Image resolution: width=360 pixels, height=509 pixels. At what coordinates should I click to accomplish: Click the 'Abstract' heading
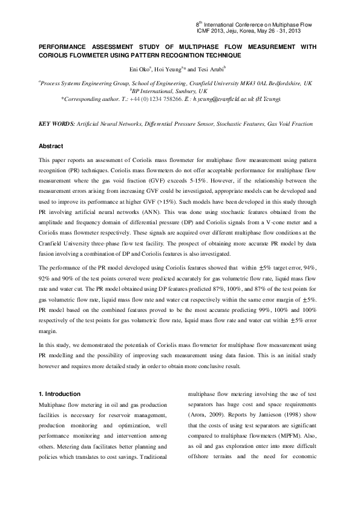(x=51, y=146)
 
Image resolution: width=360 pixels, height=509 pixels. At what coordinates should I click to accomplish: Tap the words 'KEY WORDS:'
(x=56, y=124)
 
